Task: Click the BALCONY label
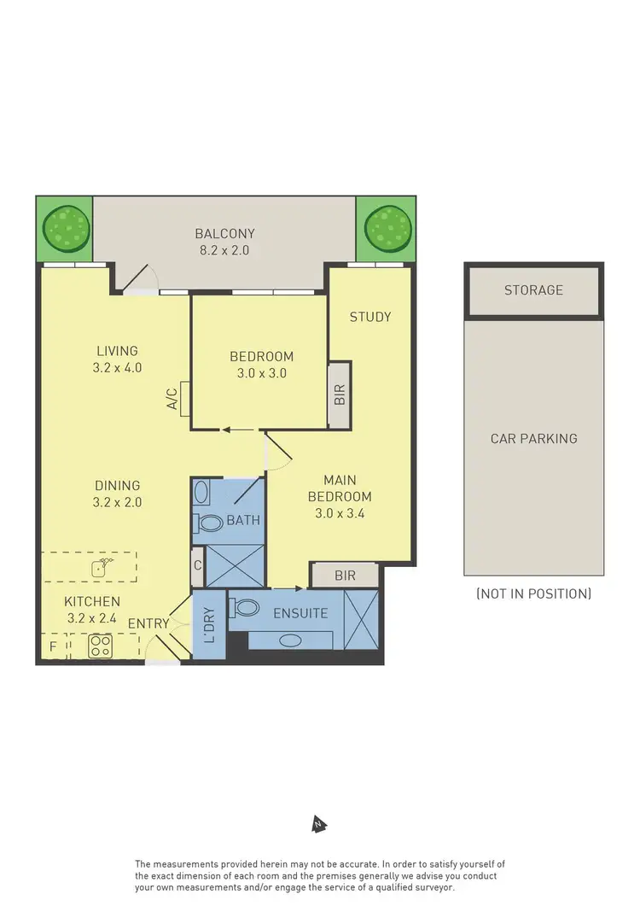(x=224, y=233)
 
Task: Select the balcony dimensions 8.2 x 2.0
(x=224, y=250)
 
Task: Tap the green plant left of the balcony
(x=66, y=229)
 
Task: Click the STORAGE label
(x=533, y=290)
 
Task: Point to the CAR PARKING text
(x=533, y=438)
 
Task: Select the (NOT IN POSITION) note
(x=533, y=593)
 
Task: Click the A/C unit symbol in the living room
(x=185, y=398)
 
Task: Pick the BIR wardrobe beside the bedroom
(x=340, y=395)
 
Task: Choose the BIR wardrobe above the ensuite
(x=345, y=576)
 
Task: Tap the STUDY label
(x=370, y=317)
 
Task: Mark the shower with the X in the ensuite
(x=360, y=619)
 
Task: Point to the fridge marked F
(x=52, y=646)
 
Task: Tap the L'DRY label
(x=210, y=624)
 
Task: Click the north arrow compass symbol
(x=319, y=824)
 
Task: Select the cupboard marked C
(x=197, y=564)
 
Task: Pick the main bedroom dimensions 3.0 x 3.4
(x=340, y=514)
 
